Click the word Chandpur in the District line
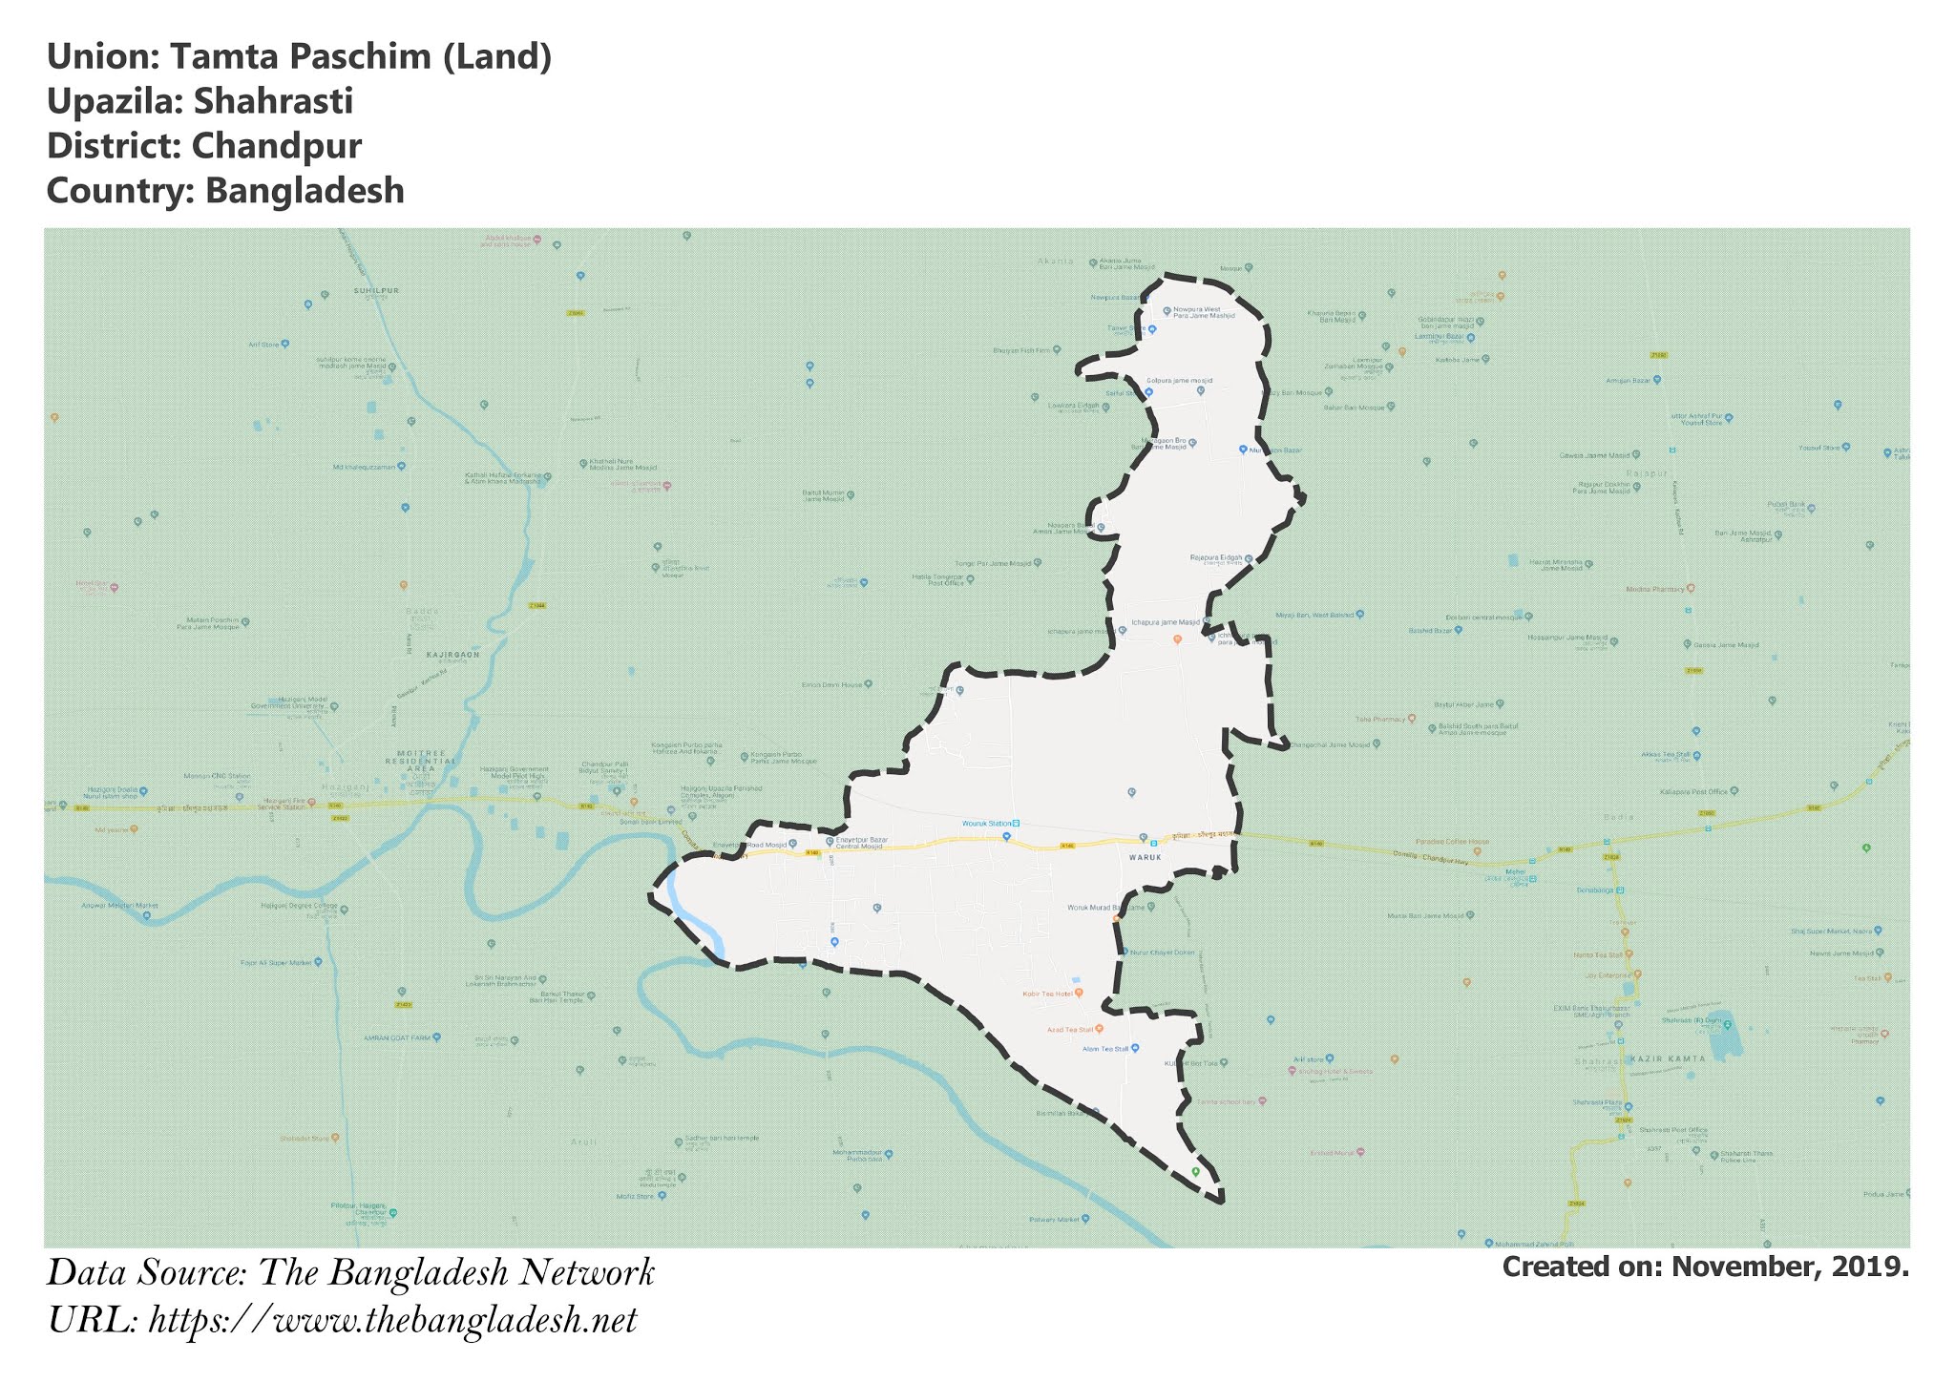coord(276,146)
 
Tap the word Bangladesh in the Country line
coord(305,191)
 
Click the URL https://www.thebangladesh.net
coord(392,1321)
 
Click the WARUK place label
coord(1145,857)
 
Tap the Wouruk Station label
coord(986,823)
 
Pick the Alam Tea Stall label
coord(1105,1049)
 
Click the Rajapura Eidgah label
coord(1216,558)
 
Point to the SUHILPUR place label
coord(376,290)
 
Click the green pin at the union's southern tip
coord(1195,1171)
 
